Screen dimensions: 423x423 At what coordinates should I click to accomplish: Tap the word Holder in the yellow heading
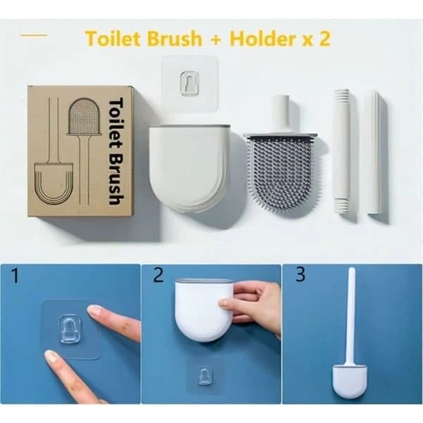262,38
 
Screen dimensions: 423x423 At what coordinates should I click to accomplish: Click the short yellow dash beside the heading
34,35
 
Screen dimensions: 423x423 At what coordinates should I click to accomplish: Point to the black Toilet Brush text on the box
116,151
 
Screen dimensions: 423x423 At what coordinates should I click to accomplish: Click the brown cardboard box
80,151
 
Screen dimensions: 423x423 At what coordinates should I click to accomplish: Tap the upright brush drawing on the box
84,151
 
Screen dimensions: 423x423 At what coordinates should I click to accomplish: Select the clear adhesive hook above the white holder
190,83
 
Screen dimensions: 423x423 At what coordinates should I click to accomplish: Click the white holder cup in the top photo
190,168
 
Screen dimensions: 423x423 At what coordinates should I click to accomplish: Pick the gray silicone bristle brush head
281,174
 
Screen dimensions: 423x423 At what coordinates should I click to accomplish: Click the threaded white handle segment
342,151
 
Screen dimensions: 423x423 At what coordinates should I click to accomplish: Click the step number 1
15,276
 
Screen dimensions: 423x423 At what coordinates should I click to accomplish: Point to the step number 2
158,275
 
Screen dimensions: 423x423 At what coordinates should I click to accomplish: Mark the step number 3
300,274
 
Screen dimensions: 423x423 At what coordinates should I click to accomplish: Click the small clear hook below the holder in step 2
204,375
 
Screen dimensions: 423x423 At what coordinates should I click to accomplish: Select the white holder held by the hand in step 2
204,309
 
